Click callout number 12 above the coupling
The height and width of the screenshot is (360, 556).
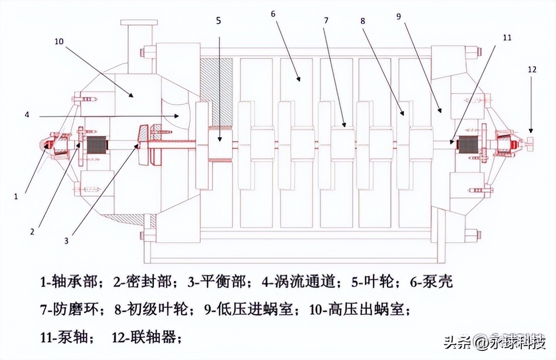tap(532, 70)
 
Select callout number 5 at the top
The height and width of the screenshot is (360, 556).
tap(218, 21)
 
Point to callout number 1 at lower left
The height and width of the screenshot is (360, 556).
tap(16, 197)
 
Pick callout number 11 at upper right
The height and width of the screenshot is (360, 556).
tap(507, 36)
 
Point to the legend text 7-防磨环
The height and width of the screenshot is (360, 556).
tap(70, 310)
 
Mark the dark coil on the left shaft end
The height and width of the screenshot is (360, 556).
tap(98, 146)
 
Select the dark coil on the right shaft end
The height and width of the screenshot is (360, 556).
tap(468, 145)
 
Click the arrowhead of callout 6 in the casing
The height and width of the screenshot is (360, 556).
tap(299, 79)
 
